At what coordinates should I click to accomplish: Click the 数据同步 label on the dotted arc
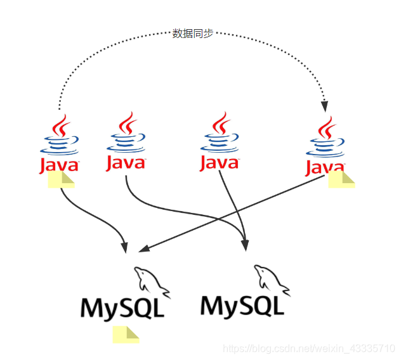tap(192, 34)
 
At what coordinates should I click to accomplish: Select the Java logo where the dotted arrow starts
tap(59, 145)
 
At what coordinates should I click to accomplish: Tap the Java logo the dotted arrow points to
tap(325, 146)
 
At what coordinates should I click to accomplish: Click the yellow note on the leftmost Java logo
tap(61, 179)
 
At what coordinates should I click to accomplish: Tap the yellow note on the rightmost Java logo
tap(341, 179)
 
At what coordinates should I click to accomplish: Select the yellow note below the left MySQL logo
tap(126, 335)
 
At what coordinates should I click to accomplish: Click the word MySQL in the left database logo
tap(122, 308)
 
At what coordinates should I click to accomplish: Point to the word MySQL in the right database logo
tap(242, 305)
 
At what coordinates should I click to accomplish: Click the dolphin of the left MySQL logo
tap(151, 282)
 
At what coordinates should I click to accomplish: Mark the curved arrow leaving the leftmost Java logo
tap(95, 215)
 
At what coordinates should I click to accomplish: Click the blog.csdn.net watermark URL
tap(310, 349)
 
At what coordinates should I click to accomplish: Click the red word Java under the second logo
tap(126, 163)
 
